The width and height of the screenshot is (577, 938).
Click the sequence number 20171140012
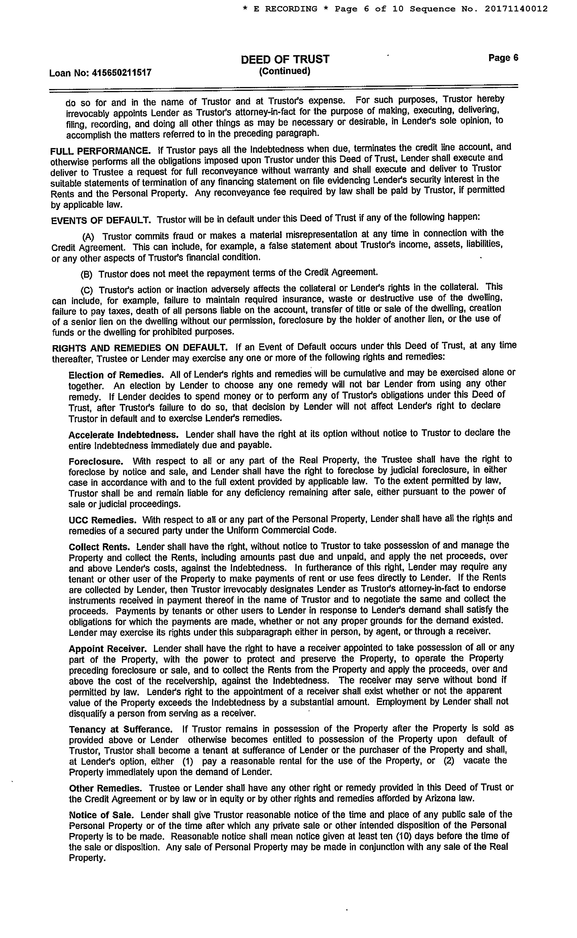[516, 9]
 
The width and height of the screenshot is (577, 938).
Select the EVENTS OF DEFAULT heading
[101, 220]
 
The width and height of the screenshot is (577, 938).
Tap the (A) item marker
[88, 237]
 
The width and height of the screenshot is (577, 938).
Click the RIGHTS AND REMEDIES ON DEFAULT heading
[140, 348]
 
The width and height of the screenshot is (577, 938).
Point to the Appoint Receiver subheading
[108, 649]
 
